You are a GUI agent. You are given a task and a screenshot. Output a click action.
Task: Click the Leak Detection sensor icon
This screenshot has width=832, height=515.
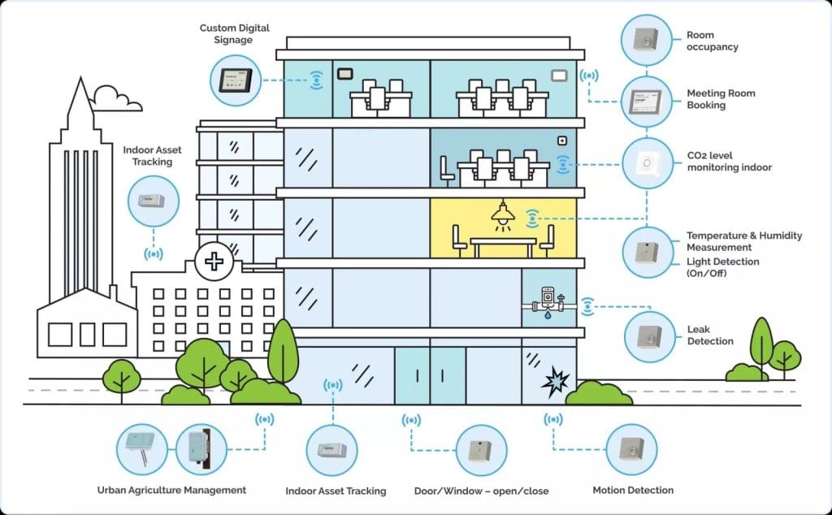click(648, 335)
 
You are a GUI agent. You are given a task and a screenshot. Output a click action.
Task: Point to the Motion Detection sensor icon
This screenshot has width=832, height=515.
click(630, 449)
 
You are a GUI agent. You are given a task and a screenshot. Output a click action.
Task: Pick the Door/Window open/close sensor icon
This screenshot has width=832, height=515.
click(481, 449)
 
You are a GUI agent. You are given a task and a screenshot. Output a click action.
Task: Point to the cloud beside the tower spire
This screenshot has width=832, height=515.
click(115, 98)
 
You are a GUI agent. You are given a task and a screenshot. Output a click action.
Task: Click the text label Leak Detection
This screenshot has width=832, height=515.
click(710, 335)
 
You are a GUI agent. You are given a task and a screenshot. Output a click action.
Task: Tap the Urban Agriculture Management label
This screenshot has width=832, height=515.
click(171, 490)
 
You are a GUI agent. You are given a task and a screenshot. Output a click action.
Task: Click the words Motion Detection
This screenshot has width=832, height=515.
click(633, 490)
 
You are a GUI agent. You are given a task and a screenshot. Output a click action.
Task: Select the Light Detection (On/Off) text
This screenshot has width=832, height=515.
click(722, 267)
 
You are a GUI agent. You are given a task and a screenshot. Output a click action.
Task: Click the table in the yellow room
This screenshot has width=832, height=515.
click(504, 241)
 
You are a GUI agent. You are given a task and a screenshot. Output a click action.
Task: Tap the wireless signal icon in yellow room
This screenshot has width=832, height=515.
click(533, 217)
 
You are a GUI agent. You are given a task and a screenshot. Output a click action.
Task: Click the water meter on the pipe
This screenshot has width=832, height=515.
click(548, 297)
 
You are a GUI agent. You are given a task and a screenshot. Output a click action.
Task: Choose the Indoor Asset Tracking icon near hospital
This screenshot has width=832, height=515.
click(154, 201)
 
